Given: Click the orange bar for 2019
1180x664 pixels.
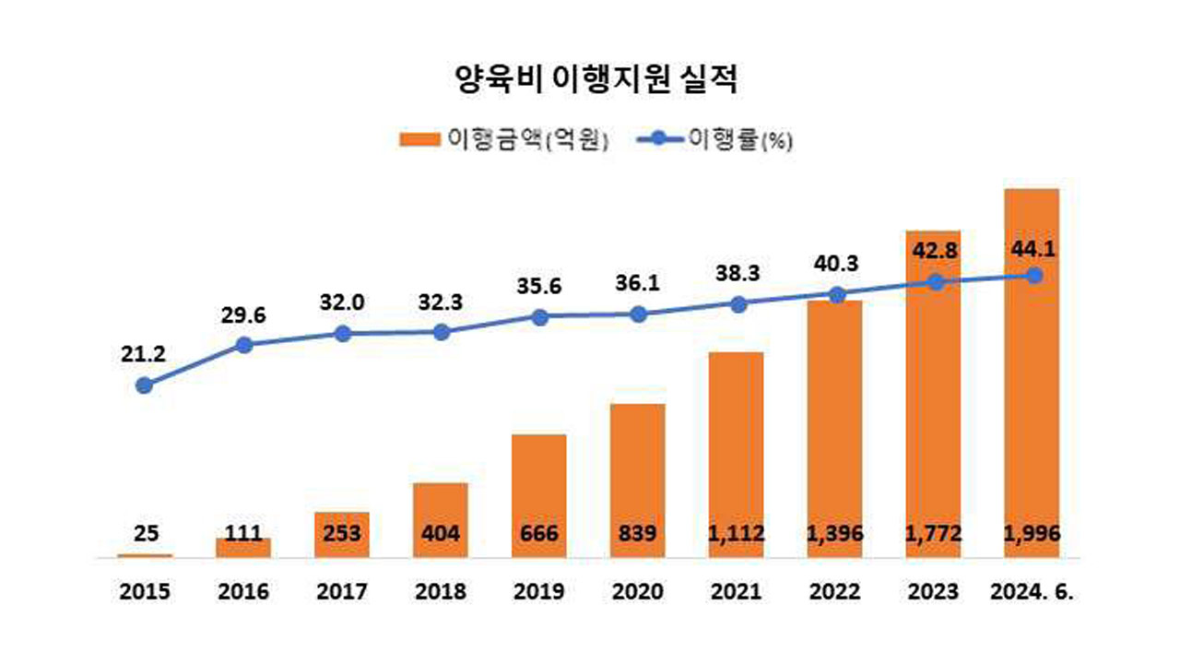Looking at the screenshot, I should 538,480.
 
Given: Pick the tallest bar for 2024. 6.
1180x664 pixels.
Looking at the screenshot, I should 1032,369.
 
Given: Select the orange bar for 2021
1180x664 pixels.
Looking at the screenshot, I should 736,443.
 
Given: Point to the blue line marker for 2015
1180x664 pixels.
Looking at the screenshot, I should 144,385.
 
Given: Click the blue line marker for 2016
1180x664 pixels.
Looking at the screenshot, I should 243,345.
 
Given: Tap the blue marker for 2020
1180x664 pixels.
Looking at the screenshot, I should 637,314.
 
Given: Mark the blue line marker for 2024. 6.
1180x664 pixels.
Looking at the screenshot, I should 1034,275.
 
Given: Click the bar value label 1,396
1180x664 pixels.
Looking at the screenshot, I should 834,533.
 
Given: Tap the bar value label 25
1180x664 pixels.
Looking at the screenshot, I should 145,533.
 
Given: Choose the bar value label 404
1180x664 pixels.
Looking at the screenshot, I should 440,533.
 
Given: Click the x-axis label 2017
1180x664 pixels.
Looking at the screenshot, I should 342,591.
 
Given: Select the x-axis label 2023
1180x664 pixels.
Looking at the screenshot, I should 933,591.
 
